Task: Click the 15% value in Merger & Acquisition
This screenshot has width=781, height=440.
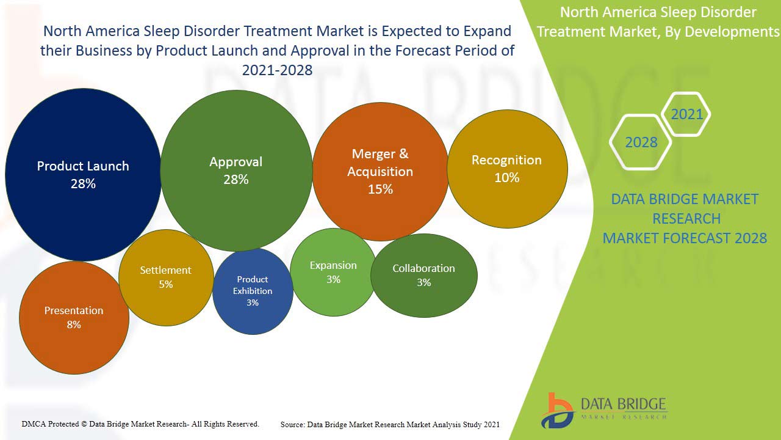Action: pos(380,189)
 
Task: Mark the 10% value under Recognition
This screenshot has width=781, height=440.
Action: pos(507,178)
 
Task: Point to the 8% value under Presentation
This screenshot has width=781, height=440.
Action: pos(74,324)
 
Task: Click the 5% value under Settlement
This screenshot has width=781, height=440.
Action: pos(166,284)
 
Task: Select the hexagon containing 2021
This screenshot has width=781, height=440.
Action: pos(686,114)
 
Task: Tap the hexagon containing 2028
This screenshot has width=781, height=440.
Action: pos(641,142)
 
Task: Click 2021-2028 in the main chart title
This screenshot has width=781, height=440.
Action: pos(277,70)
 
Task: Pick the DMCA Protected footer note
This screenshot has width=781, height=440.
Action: pos(140,424)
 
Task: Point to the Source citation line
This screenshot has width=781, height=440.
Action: pos(390,424)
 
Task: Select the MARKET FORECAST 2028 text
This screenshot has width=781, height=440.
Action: pos(685,238)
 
